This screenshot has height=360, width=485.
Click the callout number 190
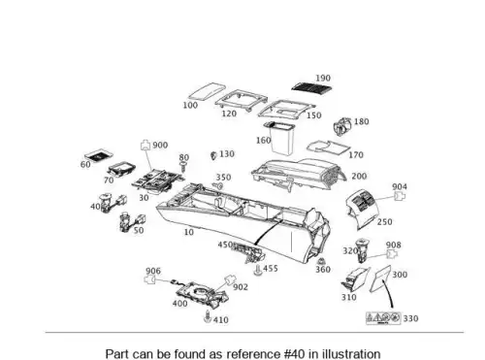click(323, 78)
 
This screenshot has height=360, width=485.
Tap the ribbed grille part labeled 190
click(312, 87)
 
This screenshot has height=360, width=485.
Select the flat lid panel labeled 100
click(207, 91)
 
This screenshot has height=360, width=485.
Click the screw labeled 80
click(183, 168)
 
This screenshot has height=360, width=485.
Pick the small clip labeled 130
click(213, 155)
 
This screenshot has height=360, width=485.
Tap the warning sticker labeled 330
click(383, 318)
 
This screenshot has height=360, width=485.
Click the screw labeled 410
click(208, 317)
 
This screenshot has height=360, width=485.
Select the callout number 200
click(359, 177)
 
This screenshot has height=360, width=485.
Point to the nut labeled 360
click(320, 261)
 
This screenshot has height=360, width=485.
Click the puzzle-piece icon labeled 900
click(145, 146)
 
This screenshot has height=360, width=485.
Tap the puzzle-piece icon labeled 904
click(400, 196)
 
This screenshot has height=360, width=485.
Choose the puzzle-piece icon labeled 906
click(149, 279)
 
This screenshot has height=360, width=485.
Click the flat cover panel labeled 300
click(380, 278)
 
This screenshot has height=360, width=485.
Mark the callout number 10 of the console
click(189, 232)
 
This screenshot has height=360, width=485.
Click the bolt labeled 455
click(258, 270)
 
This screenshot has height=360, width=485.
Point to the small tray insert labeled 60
click(99, 155)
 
